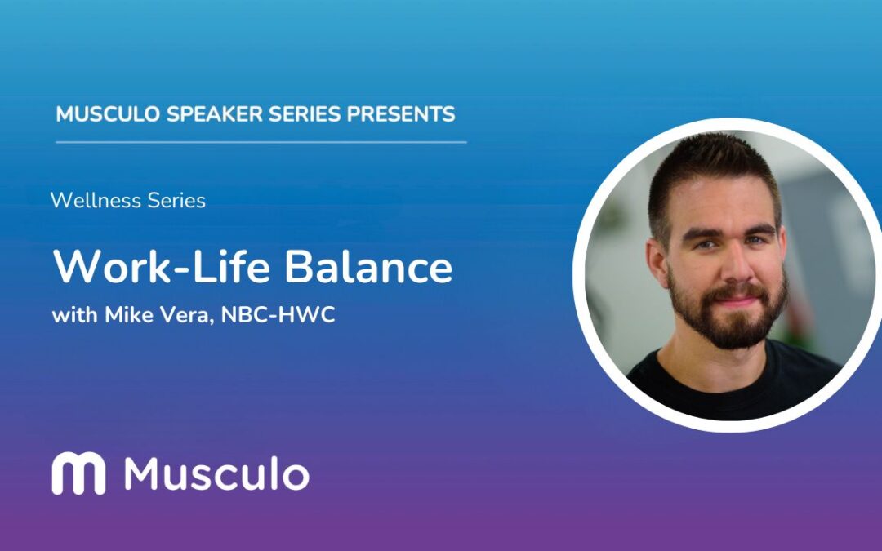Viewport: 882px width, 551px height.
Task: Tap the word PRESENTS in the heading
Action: (x=401, y=114)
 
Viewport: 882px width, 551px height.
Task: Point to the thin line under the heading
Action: (x=261, y=142)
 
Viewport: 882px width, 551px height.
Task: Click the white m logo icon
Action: (x=78, y=474)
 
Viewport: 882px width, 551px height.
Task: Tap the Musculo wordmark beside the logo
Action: (x=216, y=474)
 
